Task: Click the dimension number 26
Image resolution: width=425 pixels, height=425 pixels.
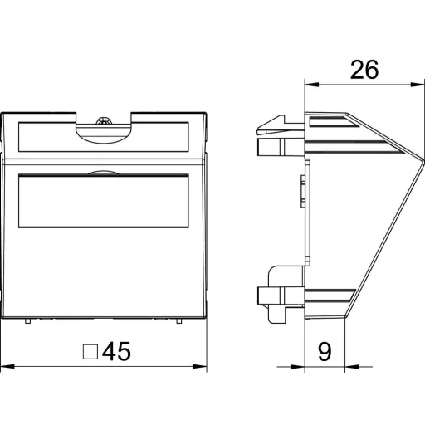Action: coord(364,70)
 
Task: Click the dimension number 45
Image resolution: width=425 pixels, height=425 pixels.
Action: coord(116,351)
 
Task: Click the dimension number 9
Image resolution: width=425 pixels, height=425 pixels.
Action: coord(325,352)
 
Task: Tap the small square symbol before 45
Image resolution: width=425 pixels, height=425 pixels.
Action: coord(90,352)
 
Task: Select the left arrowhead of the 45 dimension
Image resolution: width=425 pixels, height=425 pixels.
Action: coord(7,366)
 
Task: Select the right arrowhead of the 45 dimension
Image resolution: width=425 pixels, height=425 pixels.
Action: coord(200,366)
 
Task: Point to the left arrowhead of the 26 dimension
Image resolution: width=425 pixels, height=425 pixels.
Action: coord(312,85)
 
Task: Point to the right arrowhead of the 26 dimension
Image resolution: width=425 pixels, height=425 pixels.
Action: coord(418,85)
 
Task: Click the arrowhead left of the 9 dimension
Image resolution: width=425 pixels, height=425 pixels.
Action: coord(297,367)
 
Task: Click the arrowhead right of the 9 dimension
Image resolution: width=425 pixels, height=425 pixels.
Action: coord(352,367)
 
